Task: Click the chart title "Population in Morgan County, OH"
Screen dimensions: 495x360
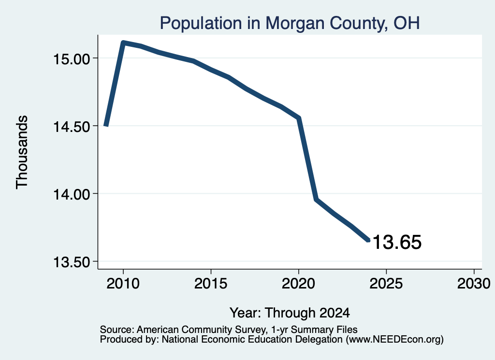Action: coord(290,23)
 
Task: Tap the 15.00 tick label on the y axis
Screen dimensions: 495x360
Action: coord(72,59)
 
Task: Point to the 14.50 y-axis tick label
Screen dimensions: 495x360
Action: coord(72,127)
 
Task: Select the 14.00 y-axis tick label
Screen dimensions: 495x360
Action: coord(72,194)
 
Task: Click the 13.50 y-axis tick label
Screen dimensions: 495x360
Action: coord(72,262)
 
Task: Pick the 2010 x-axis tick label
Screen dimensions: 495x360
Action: coord(123,283)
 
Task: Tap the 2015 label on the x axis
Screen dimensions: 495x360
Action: coord(211,283)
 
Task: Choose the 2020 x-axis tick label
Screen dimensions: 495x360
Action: coord(298,283)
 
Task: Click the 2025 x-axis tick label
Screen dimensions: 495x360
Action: coord(386,283)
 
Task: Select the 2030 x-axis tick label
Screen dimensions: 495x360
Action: coord(474,283)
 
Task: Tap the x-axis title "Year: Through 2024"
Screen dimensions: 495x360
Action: coord(290,313)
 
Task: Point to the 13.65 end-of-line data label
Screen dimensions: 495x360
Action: coord(397,242)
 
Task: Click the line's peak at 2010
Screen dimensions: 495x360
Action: coord(123,42)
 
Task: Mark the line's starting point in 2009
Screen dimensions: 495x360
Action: coord(106,125)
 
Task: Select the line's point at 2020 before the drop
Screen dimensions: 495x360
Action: coord(298,118)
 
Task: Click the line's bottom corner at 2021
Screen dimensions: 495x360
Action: coord(316,199)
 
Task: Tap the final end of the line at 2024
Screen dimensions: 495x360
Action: coord(368,241)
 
